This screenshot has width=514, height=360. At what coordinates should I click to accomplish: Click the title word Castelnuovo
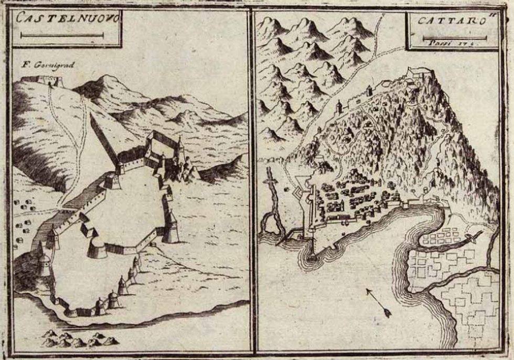click(68, 18)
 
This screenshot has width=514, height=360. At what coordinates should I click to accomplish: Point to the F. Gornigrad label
click(49, 66)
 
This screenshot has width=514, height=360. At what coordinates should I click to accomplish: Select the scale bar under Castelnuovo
click(62, 36)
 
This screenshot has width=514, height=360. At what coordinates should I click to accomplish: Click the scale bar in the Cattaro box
click(454, 38)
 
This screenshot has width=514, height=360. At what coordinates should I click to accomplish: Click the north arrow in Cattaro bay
click(379, 303)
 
